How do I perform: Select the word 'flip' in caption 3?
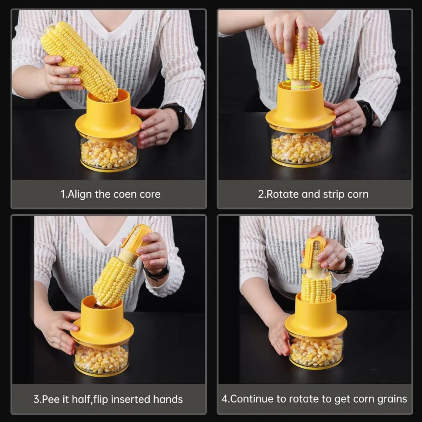(101, 399)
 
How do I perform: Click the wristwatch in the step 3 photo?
(157, 270)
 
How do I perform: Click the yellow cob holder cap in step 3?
(136, 236)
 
